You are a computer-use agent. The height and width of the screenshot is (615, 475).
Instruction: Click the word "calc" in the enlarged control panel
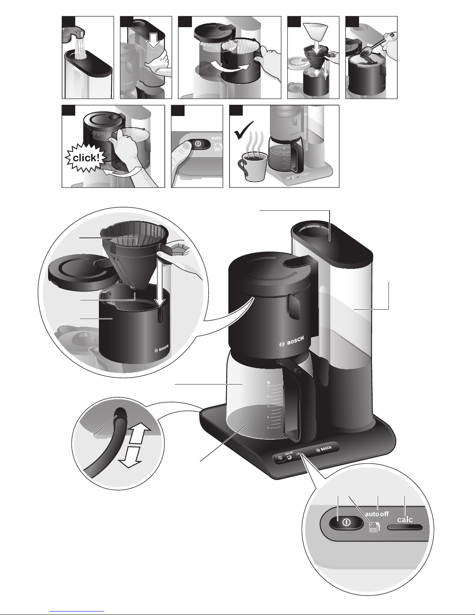[405, 519]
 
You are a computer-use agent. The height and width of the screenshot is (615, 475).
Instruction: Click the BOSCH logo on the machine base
[324, 449]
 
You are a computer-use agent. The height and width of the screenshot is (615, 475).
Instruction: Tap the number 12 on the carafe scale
[268, 397]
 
